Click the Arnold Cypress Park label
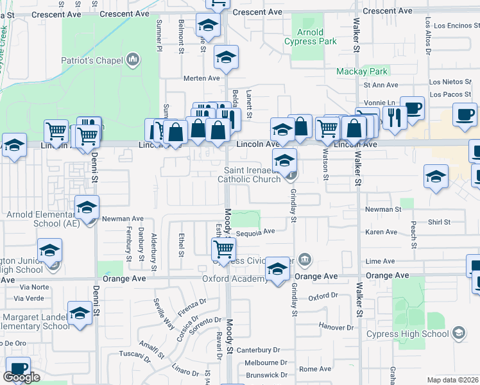point(311,37)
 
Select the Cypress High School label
point(407,334)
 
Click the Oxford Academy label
point(235,278)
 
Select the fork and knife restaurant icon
point(395,117)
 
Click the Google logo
point(21,377)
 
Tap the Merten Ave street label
point(201,78)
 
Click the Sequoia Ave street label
point(255,232)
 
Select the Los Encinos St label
point(452,26)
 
